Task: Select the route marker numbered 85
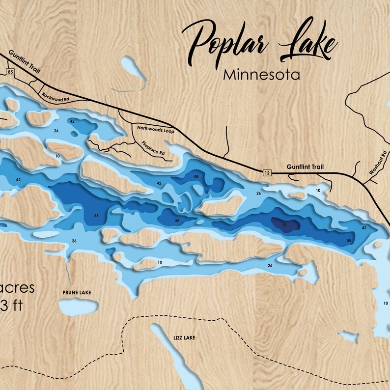9,72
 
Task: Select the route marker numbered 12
267,172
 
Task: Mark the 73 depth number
284,224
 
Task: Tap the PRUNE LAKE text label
77,292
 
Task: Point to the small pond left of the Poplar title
132,69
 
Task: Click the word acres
18,288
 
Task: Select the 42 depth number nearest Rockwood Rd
72,121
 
